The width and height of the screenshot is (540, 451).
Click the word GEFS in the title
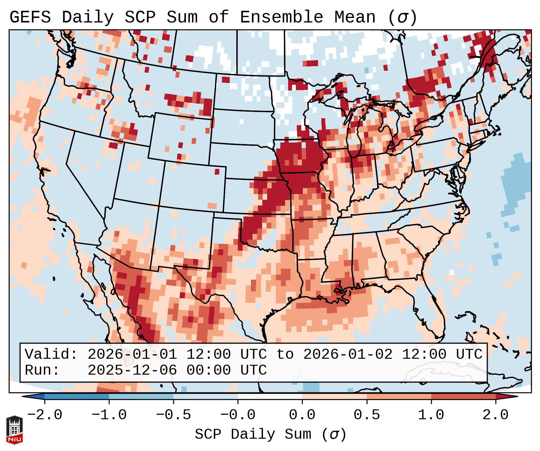click(x=30, y=17)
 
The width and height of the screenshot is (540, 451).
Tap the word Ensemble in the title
click(x=281, y=17)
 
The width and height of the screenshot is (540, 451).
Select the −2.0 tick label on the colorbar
click(x=45, y=415)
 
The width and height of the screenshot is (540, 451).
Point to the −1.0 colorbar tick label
click(x=109, y=415)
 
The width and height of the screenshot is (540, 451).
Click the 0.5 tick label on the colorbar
click(x=367, y=415)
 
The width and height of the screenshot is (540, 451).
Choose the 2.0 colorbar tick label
click(x=496, y=415)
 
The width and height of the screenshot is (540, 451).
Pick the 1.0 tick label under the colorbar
click(x=431, y=415)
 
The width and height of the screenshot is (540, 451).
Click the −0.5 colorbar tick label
click(x=173, y=415)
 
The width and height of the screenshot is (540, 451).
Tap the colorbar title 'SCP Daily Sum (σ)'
click(x=270, y=434)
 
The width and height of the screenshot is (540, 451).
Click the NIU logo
click(x=14, y=429)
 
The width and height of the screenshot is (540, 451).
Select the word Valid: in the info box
click(x=51, y=354)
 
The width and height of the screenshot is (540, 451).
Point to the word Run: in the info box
click(x=42, y=370)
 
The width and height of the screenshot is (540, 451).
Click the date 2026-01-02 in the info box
click(x=348, y=354)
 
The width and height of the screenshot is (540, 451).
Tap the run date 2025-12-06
click(x=132, y=370)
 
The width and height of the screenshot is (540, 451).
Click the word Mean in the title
click(x=355, y=17)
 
